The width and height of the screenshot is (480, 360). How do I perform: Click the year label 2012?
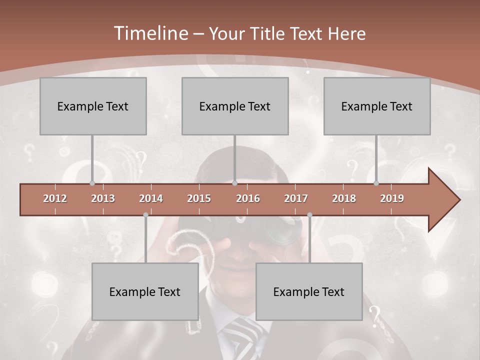(x=55, y=198)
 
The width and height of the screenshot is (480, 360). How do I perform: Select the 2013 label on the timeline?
(x=103, y=198)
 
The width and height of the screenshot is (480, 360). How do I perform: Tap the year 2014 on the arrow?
(x=151, y=198)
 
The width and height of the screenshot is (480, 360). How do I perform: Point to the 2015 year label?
(x=199, y=198)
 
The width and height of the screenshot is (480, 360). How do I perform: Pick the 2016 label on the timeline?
(x=248, y=198)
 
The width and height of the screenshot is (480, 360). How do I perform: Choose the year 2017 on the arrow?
(x=296, y=198)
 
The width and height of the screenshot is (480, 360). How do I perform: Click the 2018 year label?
(x=344, y=198)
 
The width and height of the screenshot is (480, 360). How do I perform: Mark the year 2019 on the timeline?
(x=392, y=198)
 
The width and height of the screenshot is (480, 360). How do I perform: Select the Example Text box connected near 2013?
(x=93, y=106)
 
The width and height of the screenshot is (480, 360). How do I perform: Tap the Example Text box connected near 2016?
(x=235, y=106)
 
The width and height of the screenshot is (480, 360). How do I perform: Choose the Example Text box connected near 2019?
(x=377, y=106)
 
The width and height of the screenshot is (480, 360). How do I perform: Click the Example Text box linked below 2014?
(x=145, y=291)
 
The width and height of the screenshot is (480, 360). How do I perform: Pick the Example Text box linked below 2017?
(x=309, y=291)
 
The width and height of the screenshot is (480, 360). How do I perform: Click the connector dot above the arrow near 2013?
(x=92, y=183)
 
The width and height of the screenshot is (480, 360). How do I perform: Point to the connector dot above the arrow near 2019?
(x=376, y=183)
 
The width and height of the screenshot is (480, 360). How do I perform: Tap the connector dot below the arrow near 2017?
(x=309, y=215)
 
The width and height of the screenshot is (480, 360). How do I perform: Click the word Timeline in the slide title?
(x=150, y=33)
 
